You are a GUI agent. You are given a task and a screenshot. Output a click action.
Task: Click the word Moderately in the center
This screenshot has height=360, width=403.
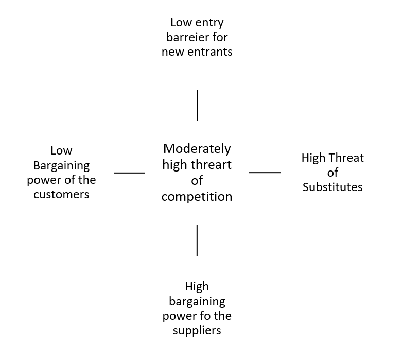click(x=197, y=149)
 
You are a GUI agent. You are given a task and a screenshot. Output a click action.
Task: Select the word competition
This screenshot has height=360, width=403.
click(x=197, y=197)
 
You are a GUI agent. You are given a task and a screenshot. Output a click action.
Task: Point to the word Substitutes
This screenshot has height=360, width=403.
click(x=332, y=187)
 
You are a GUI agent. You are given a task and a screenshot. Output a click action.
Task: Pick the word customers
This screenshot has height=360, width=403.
click(x=61, y=194)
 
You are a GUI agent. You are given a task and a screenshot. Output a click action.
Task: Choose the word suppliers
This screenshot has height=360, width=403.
click(x=197, y=330)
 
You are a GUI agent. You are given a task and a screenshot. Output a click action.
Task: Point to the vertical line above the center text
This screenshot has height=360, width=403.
click(x=197, y=105)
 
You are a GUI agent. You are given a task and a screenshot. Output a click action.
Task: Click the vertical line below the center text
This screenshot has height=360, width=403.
click(x=197, y=240)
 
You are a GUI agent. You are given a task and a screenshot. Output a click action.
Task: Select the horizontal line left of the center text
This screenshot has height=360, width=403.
click(x=129, y=173)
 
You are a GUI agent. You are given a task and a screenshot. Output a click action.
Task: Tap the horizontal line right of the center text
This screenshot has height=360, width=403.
click(x=265, y=173)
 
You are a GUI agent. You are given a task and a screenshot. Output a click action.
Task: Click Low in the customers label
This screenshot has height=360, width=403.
click(x=61, y=151)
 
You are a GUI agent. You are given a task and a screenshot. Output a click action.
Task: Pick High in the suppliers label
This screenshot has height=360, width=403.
click(x=197, y=286)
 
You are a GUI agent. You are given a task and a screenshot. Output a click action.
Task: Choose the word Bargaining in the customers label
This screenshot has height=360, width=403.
click(x=61, y=165)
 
